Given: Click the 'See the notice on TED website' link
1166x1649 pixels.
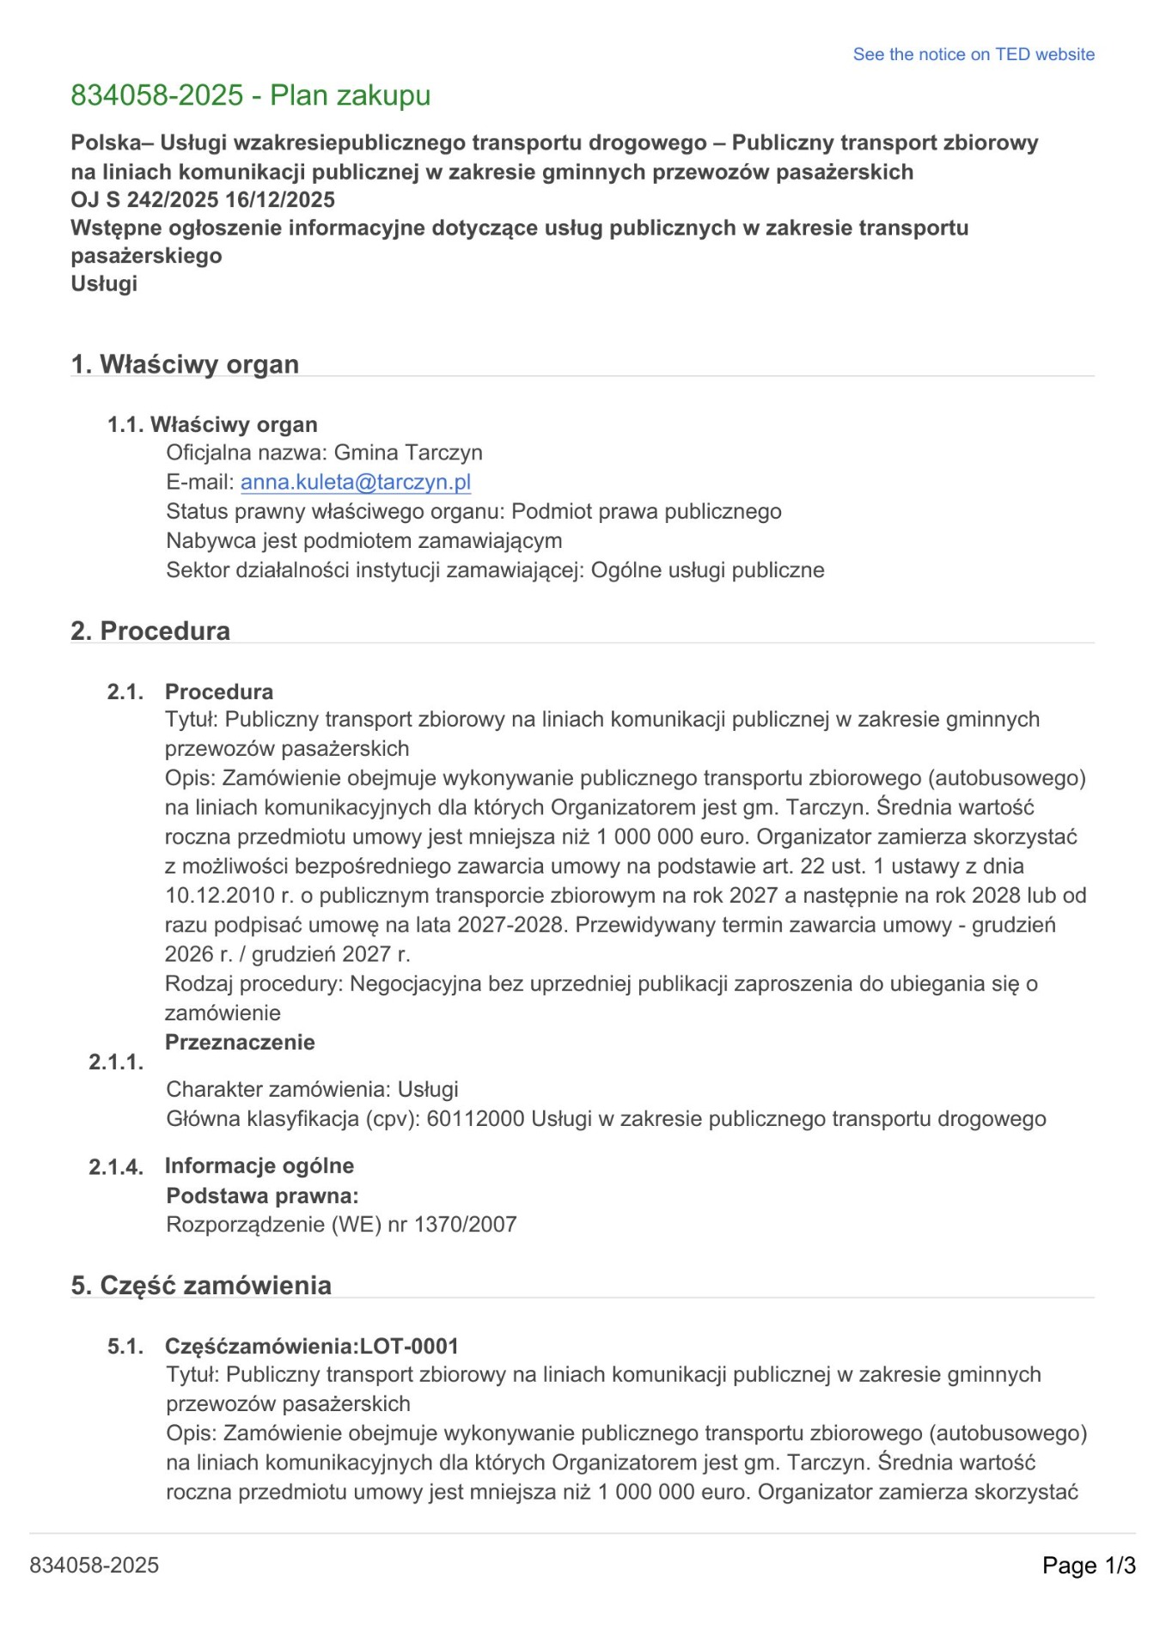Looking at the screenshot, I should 973,54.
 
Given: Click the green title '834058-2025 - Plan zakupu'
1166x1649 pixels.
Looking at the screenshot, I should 250,95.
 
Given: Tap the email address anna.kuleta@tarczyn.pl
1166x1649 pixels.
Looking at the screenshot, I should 355,482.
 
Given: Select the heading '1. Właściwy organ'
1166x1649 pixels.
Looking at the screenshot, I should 185,364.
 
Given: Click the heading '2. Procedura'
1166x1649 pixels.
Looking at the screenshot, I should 150,630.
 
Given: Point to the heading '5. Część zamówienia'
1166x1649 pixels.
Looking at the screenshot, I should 201,1285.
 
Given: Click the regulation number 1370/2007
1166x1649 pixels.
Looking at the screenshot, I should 465,1224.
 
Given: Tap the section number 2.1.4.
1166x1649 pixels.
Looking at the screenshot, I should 116,1166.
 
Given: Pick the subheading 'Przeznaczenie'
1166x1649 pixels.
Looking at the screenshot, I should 240,1042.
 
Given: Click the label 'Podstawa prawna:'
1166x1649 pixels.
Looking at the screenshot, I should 262,1195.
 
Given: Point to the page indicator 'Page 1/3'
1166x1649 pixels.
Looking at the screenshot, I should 1089,1565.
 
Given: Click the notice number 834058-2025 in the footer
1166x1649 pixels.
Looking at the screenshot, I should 95,1565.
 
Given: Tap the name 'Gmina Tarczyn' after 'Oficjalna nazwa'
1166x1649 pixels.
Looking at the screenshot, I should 408,453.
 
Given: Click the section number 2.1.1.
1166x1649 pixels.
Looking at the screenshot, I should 116,1062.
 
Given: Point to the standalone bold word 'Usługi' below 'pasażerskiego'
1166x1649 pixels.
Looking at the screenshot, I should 104,283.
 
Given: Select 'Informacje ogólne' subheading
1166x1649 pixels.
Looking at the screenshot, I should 259,1165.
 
